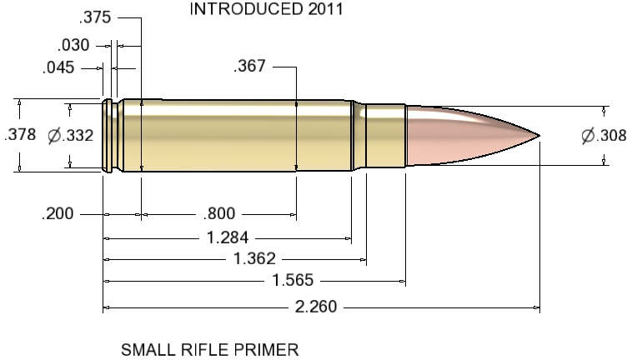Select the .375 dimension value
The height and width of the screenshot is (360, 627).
click(x=96, y=18)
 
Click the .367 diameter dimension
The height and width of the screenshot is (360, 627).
click(x=250, y=67)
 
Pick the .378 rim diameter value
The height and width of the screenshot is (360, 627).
click(x=19, y=135)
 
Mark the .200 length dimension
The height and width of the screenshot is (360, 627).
click(x=58, y=214)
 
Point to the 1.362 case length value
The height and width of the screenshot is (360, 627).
click(x=253, y=259)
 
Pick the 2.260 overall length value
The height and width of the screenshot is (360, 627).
click(x=317, y=307)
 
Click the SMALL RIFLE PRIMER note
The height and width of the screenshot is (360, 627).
click(x=209, y=349)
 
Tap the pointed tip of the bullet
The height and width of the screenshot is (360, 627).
click(x=539, y=135)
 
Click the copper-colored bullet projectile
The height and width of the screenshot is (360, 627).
click(x=467, y=135)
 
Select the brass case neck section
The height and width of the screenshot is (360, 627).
click(x=384, y=135)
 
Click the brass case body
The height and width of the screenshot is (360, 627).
click(x=242, y=135)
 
